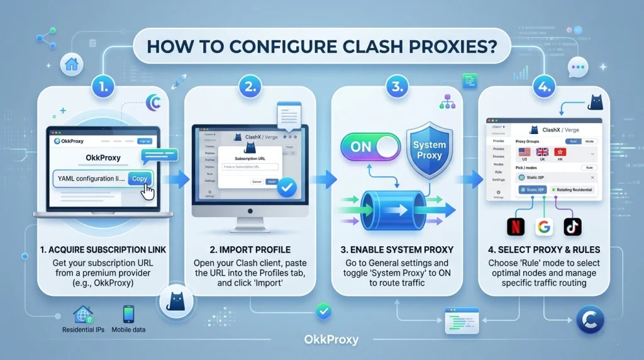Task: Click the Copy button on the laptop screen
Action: click(140, 179)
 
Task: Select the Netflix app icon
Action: click(516, 227)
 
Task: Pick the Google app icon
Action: click(545, 227)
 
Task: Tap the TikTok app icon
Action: click(573, 227)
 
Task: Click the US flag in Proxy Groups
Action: click(524, 153)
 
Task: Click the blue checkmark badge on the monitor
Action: click(287, 186)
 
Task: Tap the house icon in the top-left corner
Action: click(71, 63)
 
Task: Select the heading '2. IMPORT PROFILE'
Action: click(249, 250)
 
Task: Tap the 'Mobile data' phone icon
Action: click(128, 314)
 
